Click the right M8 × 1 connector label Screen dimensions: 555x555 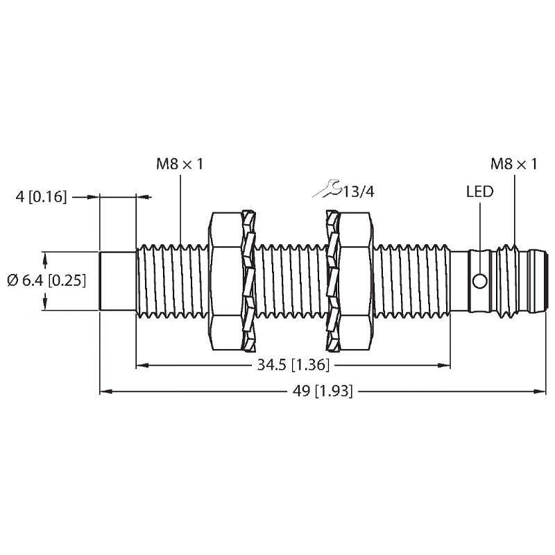click(x=514, y=164)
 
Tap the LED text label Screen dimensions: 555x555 click(x=479, y=191)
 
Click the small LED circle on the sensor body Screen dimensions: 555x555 click(x=479, y=281)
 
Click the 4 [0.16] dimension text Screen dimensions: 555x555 click(x=41, y=197)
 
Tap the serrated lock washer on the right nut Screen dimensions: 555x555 click(x=332, y=281)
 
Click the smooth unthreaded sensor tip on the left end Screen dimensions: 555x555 click(x=118, y=281)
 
